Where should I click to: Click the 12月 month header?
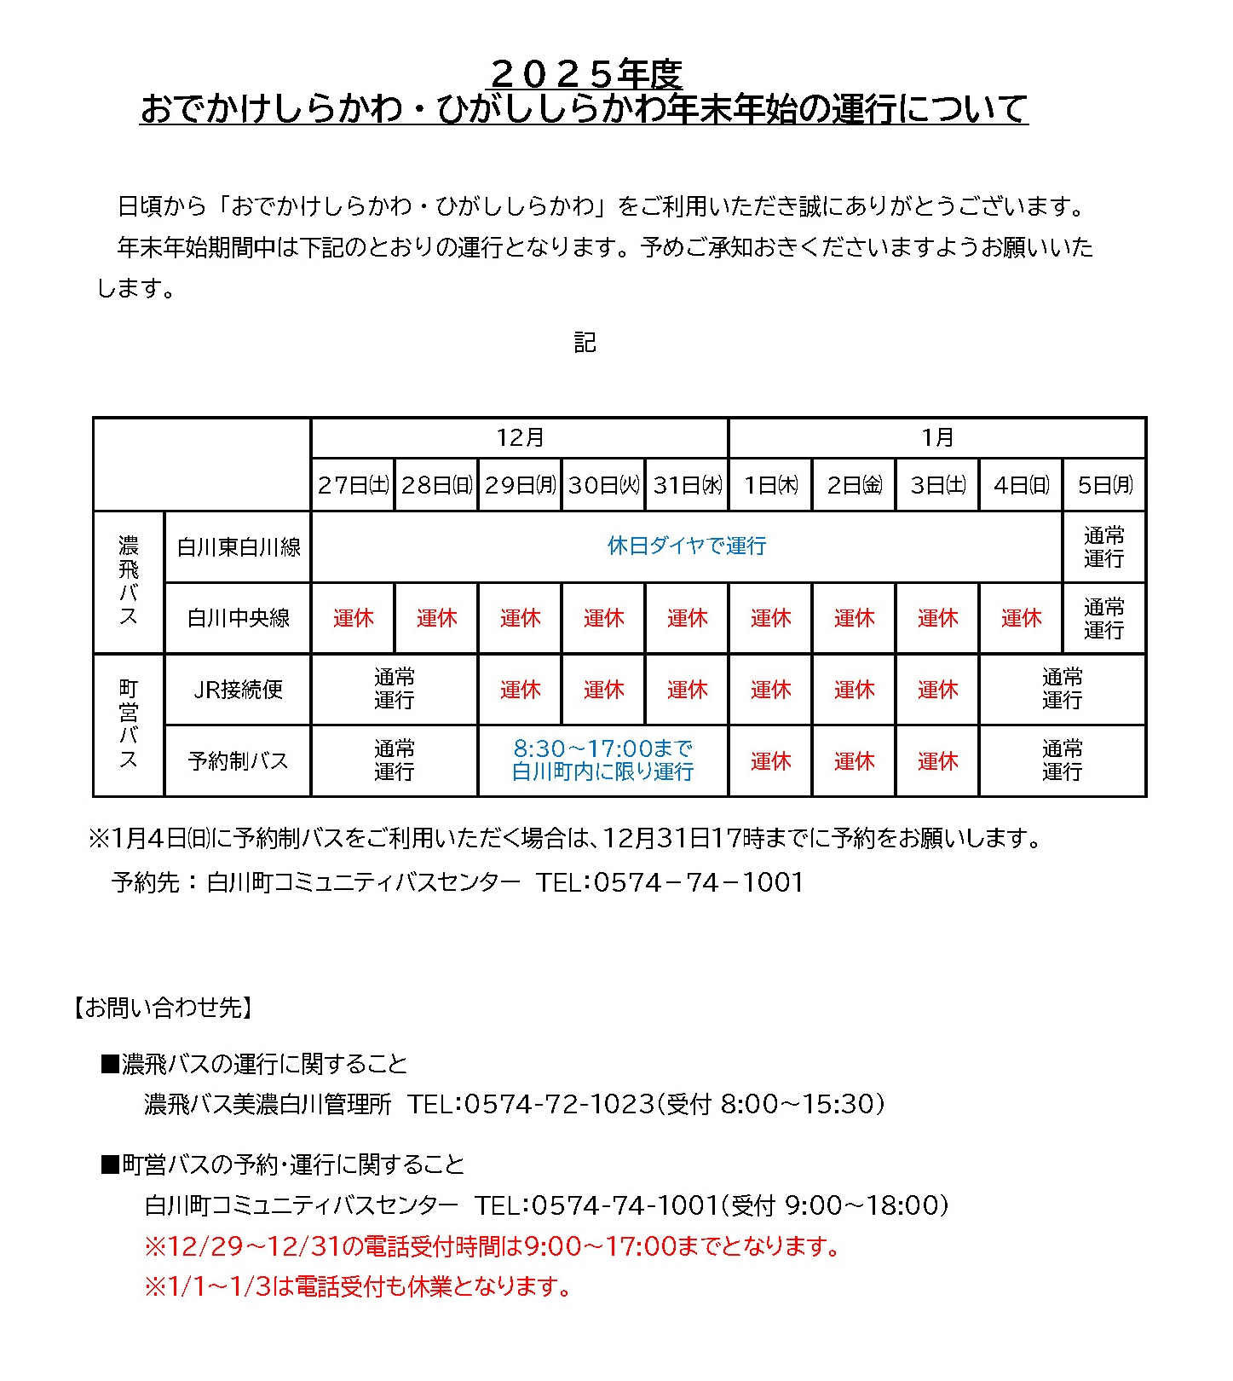(x=520, y=437)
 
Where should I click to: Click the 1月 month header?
(x=936, y=437)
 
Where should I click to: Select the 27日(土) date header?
(x=353, y=485)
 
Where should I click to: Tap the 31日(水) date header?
(x=687, y=485)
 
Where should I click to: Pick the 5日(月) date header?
(x=1104, y=485)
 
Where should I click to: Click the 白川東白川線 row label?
(x=239, y=547)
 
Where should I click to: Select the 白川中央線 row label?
(x=239, y=618)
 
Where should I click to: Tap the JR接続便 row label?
(x=239, y=689)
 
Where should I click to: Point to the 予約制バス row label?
(x=239, y=760)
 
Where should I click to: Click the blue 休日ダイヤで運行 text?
(x=687, y=546)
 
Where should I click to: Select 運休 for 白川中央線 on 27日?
(x=353, y=618)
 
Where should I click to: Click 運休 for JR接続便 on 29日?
(x=520, y=689)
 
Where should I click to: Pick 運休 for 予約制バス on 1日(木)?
(x=770, y=760)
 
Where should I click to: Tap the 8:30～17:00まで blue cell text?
(x=602, y=748)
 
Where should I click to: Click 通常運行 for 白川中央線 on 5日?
(x=1104, y=618)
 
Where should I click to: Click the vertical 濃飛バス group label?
(x=129, y=581)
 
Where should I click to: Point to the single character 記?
(x=585, y=343)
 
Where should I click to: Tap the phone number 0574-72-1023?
(x=559, y=1104)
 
